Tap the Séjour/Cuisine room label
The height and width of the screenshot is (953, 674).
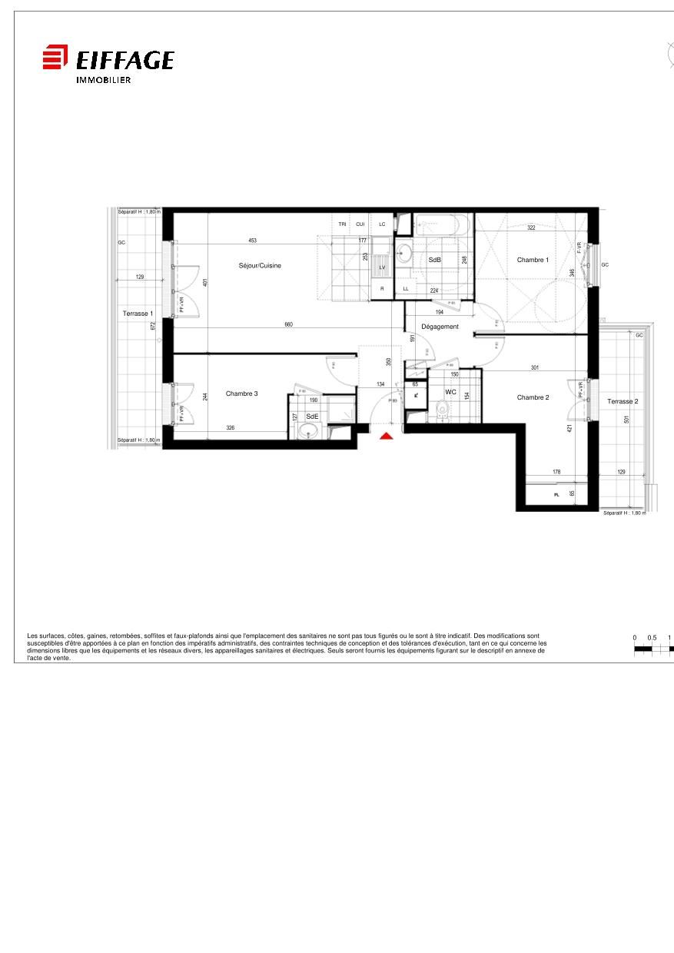click(260, 266)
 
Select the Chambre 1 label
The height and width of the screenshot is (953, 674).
click(533, 260)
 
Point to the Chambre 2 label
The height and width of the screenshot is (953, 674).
click(533, 397)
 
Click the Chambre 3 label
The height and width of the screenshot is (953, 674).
click(241, 393)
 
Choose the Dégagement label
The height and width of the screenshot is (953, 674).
click(440, 327)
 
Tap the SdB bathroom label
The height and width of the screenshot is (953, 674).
click(434, 260)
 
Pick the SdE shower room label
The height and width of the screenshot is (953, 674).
click(312, 416)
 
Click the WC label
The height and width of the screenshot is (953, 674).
click(450, 392)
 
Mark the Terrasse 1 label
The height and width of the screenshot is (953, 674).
click(138, 314)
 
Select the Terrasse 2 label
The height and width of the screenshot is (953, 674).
click(623, 401)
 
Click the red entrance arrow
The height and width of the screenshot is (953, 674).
click(387, 436)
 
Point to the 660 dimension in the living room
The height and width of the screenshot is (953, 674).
click(288, 324)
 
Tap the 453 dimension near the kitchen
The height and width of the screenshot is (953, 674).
click(252, 241)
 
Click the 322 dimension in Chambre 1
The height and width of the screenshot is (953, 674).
click(531, 227)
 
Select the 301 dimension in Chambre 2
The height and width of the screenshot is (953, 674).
click(534, 367)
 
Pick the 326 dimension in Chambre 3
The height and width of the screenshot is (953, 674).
click(230, 427)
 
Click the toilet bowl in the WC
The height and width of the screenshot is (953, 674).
click(440, 410)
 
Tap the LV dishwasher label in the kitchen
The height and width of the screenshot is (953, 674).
click(382, 267)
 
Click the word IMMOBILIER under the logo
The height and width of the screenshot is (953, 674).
click(103, 80)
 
